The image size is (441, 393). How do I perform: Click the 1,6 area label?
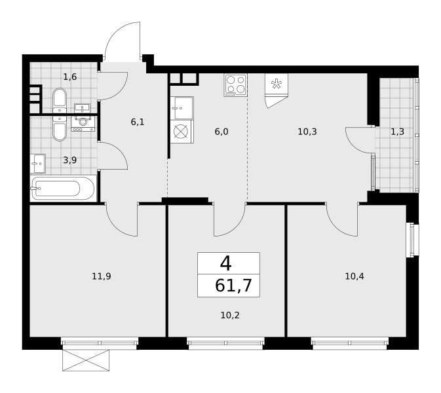click(x=70, y=77)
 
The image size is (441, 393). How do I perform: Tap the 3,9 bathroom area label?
click(x=70, y=160)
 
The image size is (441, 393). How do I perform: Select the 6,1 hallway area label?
click(x=138, y=122)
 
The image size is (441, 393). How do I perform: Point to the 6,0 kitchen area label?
click(x=221, y=132)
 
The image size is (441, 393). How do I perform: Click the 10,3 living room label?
click(x=307, y=132)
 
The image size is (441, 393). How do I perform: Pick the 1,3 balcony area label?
click(x=398, y=132)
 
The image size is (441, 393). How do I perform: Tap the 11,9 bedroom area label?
click(x=102, y=276)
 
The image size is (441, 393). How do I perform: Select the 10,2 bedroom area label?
click(x=230, y=316)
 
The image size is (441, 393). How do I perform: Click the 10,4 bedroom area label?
click(x=355, y=276)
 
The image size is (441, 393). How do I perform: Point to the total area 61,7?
click(x=233, y=286)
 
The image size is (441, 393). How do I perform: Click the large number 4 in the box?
click(x=226, y=264)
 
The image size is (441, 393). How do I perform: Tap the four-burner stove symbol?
click(x=236, y=85)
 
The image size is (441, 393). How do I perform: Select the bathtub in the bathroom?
click(x=63, y=188)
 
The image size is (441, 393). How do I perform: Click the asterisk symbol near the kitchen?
click(x=276, y=84)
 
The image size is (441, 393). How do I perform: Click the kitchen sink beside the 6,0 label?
click(x=182, y=108)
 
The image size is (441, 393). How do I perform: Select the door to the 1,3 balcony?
click(x=360, y=140)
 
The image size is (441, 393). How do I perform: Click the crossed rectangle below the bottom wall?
click(x=86, y=360)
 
